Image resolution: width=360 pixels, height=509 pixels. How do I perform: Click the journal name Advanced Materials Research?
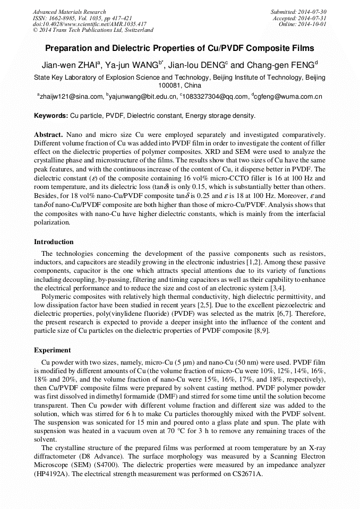[69, 12]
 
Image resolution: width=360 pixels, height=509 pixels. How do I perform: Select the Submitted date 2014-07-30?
[313, 12]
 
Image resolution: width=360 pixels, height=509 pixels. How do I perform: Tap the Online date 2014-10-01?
[313, 24]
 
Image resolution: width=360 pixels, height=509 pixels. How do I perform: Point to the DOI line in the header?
[89, 24]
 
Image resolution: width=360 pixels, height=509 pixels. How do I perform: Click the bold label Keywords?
[51, 116]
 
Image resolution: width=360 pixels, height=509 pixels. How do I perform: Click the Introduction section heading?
[54, 242]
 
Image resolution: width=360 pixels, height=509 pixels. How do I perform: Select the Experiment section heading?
[53, 350]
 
